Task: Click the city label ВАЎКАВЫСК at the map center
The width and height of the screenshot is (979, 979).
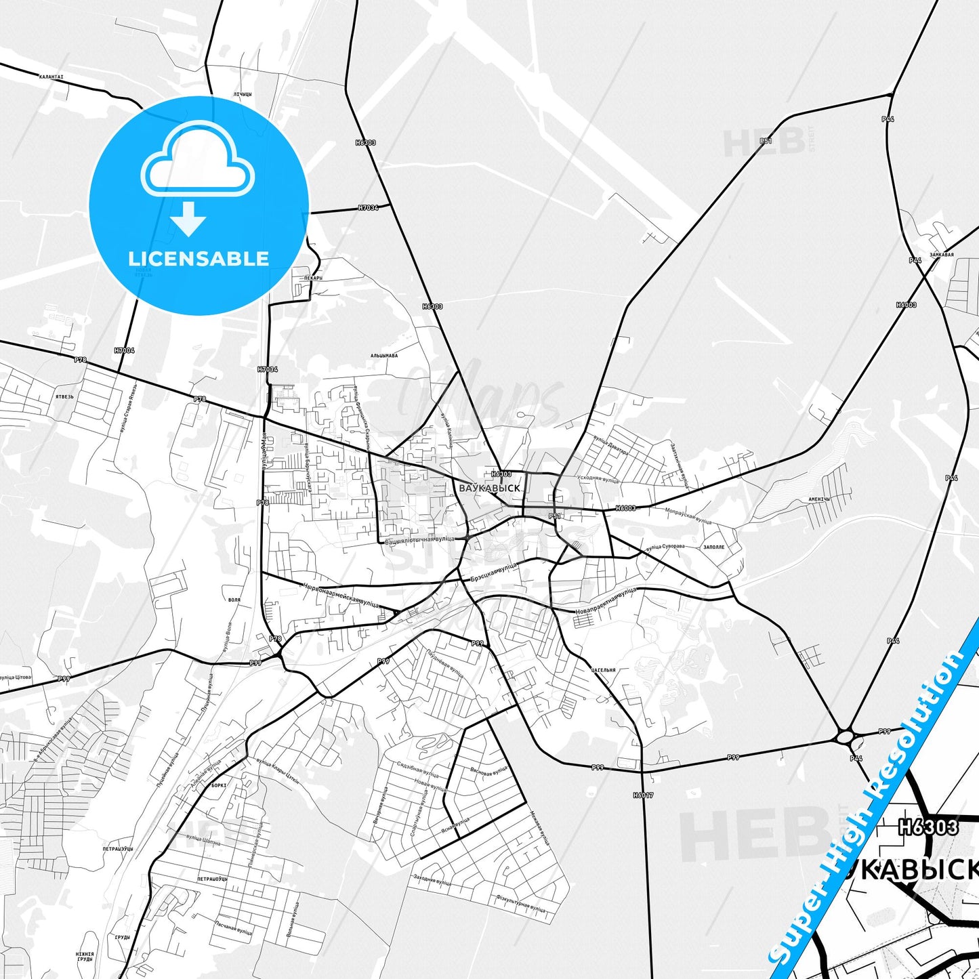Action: click(489, 488)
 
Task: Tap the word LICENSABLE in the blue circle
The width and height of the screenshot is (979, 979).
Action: click(199, 259)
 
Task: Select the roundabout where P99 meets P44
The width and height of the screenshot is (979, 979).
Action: click(846, 736)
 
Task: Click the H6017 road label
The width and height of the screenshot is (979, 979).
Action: click(643, 795)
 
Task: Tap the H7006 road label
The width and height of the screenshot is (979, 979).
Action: click(125, 350)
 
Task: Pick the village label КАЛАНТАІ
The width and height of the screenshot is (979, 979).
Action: click(51, 77)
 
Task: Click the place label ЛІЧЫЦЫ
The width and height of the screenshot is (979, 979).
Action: click(243, 94)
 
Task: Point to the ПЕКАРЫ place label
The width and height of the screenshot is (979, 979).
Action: click(312, 278)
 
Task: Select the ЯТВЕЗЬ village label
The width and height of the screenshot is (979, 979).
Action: click(65, 396)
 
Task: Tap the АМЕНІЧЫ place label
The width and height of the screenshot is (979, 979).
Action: click(819, 499)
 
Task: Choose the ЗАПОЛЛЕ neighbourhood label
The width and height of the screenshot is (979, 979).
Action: click(713, 547)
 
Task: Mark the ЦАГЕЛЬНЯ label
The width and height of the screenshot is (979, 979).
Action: click(603, 670)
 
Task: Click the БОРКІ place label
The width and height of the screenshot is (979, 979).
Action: click(219, 785)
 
